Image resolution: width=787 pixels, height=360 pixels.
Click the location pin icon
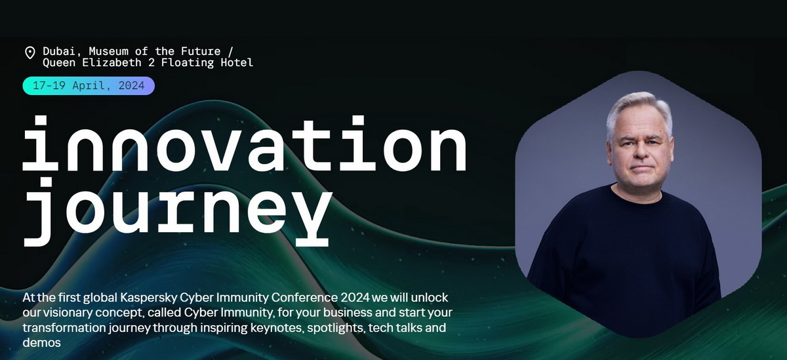pos(30,52)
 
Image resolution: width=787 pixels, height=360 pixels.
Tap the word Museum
pos(109,51)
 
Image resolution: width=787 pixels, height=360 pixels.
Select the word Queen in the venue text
pos(59,63)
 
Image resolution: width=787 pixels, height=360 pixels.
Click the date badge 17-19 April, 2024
pos(89,86)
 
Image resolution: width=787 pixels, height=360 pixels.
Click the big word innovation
pos(245,144)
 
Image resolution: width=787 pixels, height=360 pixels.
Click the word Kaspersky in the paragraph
pos(149,298)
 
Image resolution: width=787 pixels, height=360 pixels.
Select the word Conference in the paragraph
pos(304,298)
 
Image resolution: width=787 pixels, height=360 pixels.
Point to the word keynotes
pos(277,328)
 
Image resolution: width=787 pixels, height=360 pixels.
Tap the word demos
pos(42,343)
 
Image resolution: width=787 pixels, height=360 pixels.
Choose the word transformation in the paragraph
pos(64,328)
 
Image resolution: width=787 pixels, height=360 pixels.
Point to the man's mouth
pos(641,167)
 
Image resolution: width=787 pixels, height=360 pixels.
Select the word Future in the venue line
pos(201,51)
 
